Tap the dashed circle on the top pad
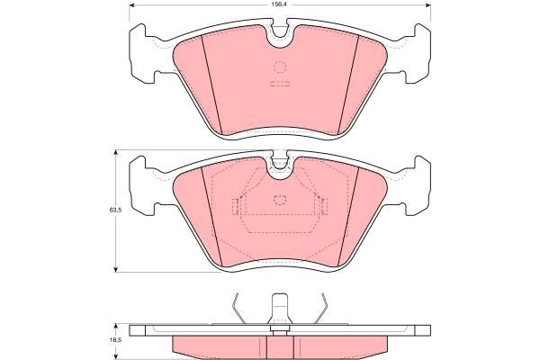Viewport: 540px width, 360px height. coord(280,67)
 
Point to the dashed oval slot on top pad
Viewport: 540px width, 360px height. coord(280,84)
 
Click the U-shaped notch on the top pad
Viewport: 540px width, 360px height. coord(280,37)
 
